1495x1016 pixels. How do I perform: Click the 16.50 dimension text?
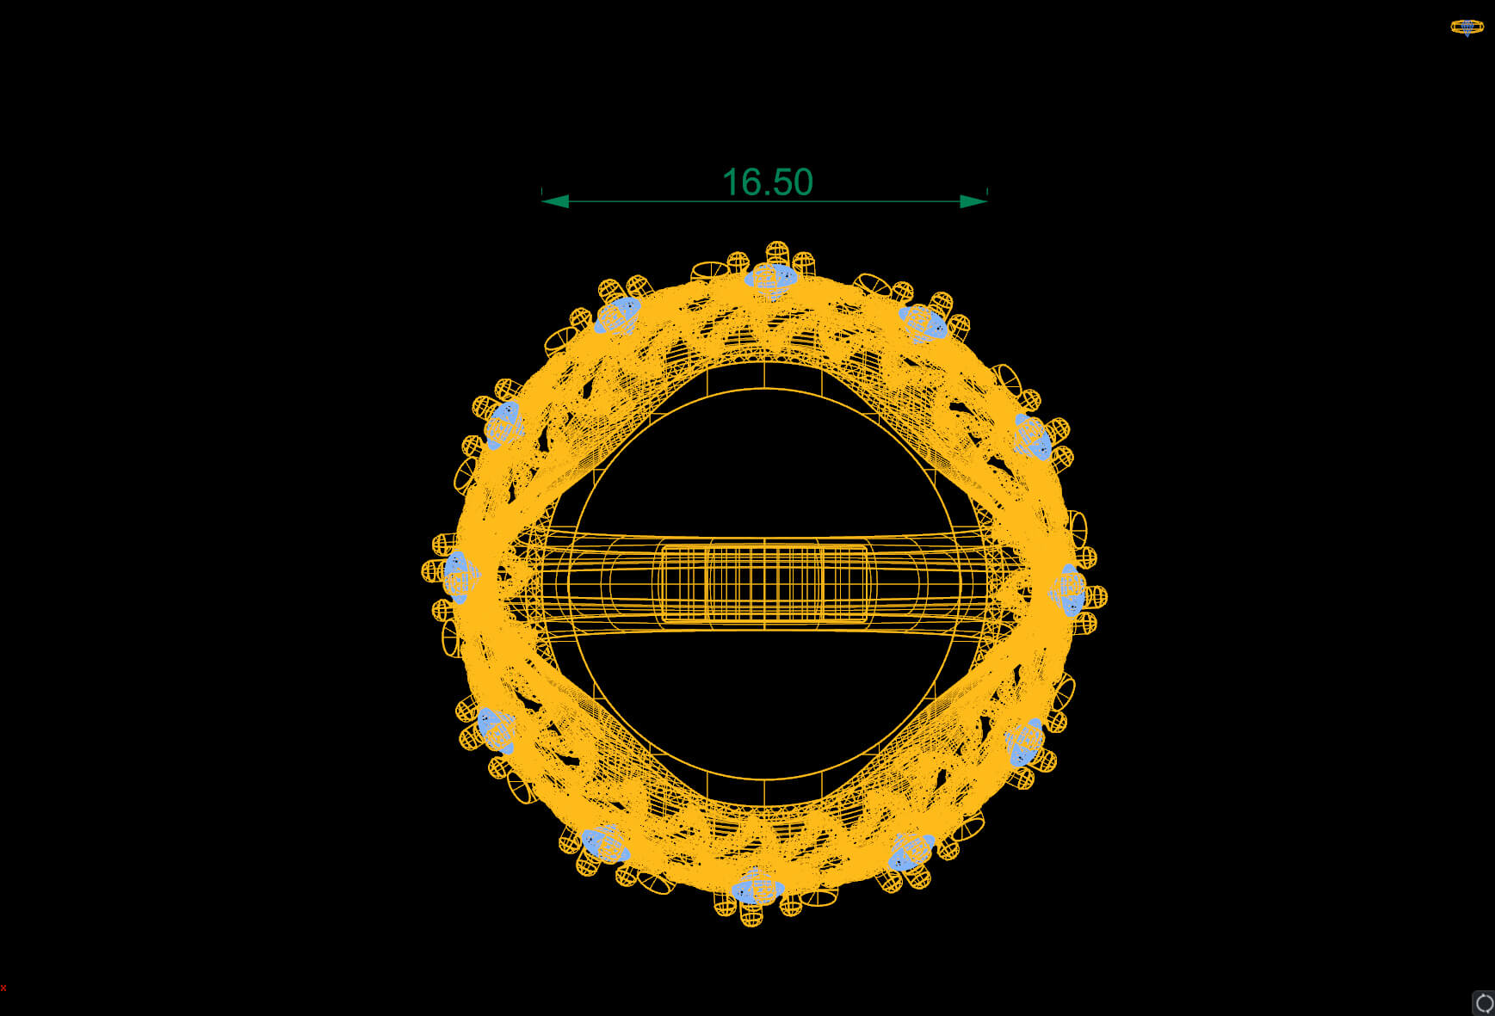click(x=767, y=182)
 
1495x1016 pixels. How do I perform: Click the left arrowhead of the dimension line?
click(x=555, y=201)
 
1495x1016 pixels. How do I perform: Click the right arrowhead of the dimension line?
click(x=973, y=201)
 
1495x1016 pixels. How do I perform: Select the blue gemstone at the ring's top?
click(x=771, y=278)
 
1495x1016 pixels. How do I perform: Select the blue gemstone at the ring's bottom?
click(x=757, y=889)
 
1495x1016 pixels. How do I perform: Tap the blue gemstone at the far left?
click(x=458, y=576)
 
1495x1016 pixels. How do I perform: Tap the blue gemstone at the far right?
click(x=1070, y=590)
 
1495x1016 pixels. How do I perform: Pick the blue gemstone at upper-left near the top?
click(x=618, y=315)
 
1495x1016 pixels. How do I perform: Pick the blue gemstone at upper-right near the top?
click(x=924, y=323)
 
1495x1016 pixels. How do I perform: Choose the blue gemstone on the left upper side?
click(x=503, y=424)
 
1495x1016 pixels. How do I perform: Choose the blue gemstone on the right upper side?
click(x=1033, y=437)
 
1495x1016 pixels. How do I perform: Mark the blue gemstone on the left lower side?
click(x=496, y=730)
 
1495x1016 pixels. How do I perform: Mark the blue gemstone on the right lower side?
click(x=1024, y=742)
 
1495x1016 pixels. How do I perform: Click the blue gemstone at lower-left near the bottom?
click(x=603, y=843)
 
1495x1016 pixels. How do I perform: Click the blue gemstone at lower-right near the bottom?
click(x=911, y=852)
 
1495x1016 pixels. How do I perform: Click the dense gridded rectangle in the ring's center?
click(x=764, y=582)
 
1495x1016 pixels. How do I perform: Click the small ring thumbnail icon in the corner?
click(x=1467, y=28)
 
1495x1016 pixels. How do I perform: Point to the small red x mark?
click(x=3, y=988)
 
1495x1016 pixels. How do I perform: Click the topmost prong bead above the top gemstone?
click(x=776, y=252)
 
